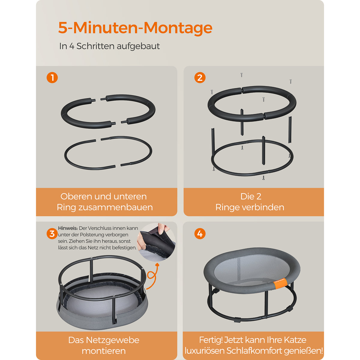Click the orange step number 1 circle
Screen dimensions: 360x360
click(x=52, y=77)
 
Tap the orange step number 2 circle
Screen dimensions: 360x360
click(x=200, y=77)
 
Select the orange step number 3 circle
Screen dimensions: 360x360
click(x=52, y=233)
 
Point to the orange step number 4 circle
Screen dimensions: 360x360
click(x=200, y=233)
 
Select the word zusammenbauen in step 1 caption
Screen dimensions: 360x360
click(x=115, y=207)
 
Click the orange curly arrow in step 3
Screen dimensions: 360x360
click(x=153, y=276)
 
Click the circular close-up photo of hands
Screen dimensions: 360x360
click(x=156, y=242)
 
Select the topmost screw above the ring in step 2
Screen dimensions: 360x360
click(x=241, y=75)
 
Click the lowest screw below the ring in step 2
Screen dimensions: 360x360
click(x=263, y=178)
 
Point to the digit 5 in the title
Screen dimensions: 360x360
click(x=63, y=28)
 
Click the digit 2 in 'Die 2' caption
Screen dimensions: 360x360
click(x=259, y=196)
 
